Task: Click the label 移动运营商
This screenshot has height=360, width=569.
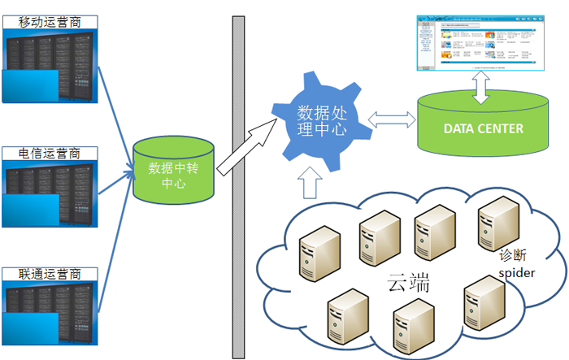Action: point(50,23)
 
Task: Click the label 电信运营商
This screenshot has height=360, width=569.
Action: point(50,154)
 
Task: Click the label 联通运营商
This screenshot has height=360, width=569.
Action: point(50,273)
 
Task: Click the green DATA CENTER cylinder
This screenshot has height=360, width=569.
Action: point(483,127)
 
